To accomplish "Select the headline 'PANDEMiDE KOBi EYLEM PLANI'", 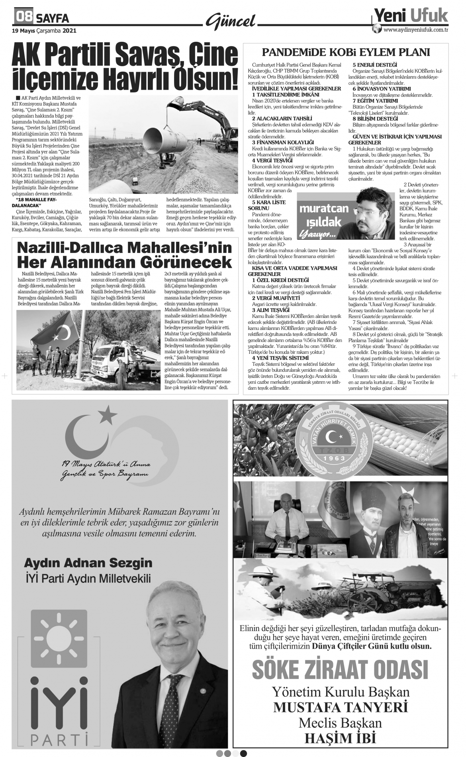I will coord(346,52).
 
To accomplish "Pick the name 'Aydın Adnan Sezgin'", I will coord(88,563).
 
